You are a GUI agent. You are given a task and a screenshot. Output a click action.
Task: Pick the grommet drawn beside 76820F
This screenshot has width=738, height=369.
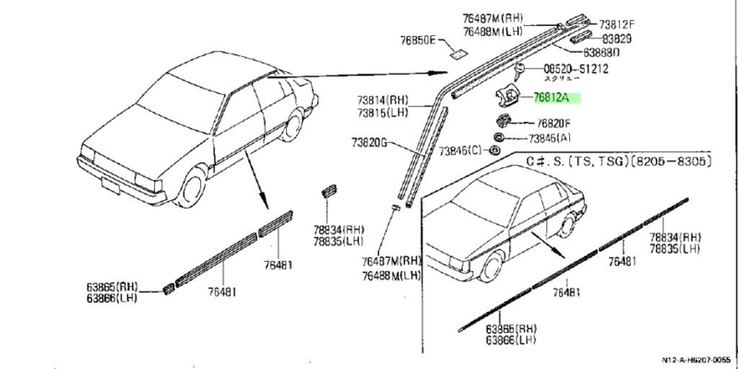[506, 122]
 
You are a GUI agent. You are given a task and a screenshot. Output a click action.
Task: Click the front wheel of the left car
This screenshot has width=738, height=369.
[192, 188]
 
